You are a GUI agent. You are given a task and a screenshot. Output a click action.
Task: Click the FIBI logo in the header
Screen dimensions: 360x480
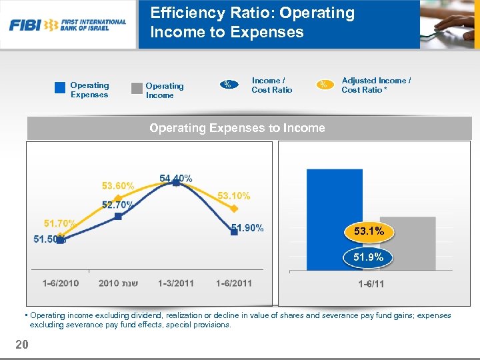[67, 25]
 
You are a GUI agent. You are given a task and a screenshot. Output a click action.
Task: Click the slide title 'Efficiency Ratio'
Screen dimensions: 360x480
[252, 22]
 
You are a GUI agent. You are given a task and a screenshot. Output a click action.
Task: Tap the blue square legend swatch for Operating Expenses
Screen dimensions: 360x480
[60, 87]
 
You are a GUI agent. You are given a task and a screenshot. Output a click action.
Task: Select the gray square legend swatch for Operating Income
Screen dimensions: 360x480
[137, 88]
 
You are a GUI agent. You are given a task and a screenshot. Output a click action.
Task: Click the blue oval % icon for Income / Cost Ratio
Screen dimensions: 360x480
[228, 84]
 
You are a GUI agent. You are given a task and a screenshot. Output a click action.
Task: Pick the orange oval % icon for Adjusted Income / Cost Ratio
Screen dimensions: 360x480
[324, 84]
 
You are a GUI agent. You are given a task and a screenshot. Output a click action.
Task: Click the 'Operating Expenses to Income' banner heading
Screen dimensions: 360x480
[237, 128]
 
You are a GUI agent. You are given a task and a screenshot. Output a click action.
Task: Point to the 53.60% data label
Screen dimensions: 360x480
[118, 185]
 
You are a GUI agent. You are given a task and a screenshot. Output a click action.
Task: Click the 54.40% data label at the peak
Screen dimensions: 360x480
[176, 178]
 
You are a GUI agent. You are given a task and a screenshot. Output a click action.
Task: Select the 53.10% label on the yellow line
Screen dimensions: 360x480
[234, 195]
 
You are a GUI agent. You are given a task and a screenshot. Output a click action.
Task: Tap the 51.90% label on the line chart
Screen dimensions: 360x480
[247, 228]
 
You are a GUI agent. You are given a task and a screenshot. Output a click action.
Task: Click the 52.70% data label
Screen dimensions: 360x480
[117, 205]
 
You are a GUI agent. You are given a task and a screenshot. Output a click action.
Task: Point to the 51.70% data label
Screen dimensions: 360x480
[59, 223]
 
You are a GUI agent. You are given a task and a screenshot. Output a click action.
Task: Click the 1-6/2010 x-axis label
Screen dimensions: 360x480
[61, 283]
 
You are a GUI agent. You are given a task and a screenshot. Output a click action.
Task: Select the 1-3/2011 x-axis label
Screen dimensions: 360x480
[176, 283]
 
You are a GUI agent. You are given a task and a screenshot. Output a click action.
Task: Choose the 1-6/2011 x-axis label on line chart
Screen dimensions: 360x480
[234, 283]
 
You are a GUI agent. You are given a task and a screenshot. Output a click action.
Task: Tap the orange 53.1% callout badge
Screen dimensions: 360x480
[369, 231]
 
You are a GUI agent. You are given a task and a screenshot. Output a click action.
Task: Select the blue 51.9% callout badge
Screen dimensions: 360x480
[369, 257]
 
